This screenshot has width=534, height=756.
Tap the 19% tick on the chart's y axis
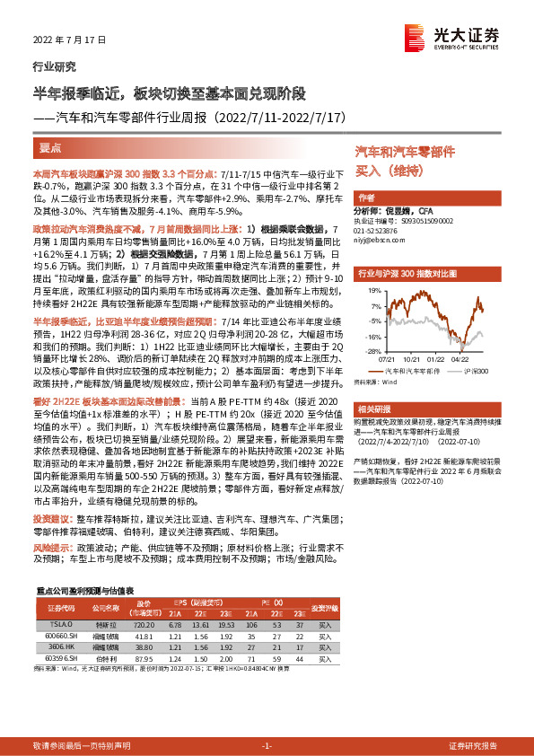(370, 292)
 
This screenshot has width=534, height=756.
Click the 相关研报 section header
(374, 409)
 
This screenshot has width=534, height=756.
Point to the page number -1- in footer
(267, 746)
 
